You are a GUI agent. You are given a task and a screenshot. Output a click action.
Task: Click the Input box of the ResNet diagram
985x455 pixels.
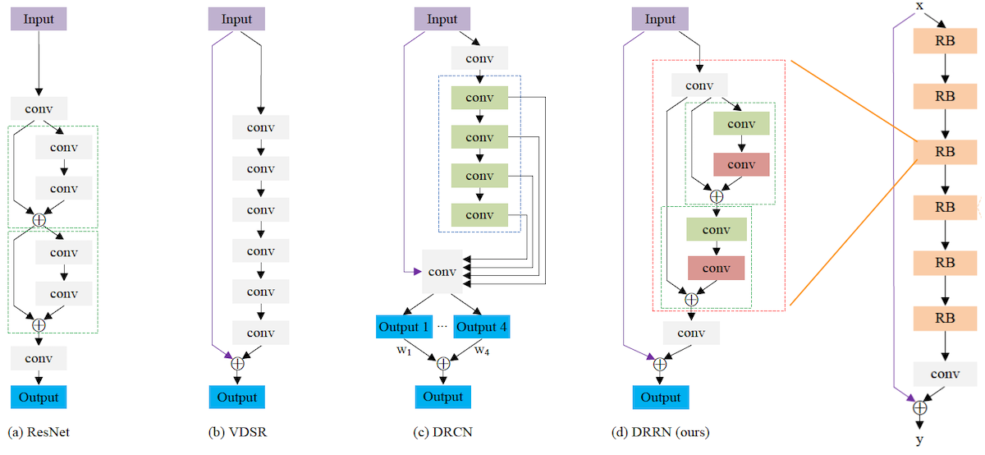[x=39, y=19]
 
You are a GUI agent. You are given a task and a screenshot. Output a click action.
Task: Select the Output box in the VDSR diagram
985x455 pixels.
[x=237, y=398]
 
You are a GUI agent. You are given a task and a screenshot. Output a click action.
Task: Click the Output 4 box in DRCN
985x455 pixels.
[x=481, y=326]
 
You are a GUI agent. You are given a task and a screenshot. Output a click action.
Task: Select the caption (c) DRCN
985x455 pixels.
[x=442, y=432]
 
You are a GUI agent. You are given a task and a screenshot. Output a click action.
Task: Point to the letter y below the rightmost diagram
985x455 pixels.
[x=919, y=441]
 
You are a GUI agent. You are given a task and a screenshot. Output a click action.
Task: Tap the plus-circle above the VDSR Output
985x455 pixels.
[x=237, y=363]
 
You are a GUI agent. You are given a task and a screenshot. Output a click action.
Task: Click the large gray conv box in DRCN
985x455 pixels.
[x=442, y=270]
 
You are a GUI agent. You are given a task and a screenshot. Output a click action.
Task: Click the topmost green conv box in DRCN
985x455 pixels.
[x=479, y=99]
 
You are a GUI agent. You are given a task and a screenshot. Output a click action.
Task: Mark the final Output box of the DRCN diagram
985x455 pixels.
[x=442, y=397]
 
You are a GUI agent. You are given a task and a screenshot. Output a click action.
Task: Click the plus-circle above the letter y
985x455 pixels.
[x=919, y=407]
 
